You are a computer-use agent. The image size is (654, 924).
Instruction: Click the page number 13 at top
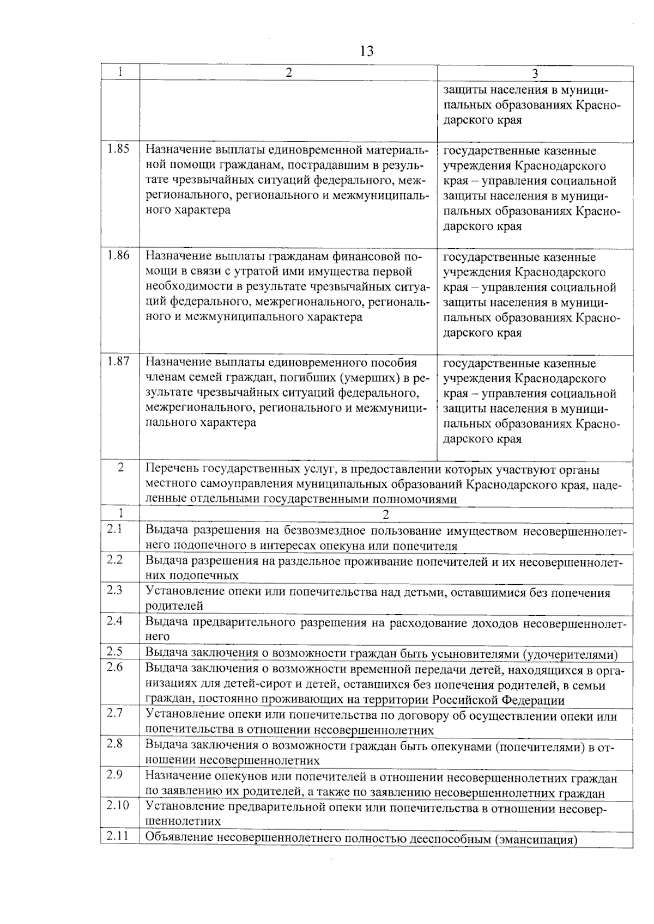[x=367, y=51]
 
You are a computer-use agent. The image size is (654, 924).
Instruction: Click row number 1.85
[x=118, y=148]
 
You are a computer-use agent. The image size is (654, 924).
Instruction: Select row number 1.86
[x=118, y=255]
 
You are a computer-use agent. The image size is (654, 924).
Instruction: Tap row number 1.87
[x=118, y=361]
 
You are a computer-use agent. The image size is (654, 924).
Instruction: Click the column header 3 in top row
[x=535, y=74]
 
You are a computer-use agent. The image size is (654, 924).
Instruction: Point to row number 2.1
[x=114, y=529]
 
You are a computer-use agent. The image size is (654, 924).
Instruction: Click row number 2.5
[x=114, y=652]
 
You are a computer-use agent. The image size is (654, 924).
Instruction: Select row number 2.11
[x=117, y=836]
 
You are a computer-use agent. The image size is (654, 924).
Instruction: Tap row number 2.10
[x=117, y=805]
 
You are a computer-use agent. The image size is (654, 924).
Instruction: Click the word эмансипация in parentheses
[x=536, y=839]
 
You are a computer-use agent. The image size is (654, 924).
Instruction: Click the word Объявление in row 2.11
[x=179, y=839]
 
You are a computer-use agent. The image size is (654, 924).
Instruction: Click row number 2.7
[x=114, y=713]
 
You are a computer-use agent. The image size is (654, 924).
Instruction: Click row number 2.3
[x=114, y=590]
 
